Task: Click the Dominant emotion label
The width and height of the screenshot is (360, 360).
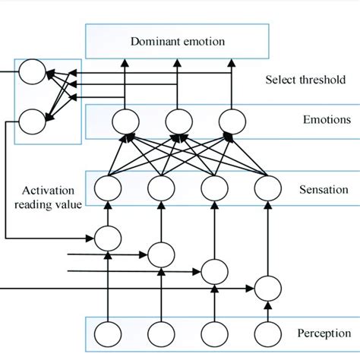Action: pyautogui.click(x=178, y=42)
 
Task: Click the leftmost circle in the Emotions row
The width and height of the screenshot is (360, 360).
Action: pyautogui.click(x=123, y=121)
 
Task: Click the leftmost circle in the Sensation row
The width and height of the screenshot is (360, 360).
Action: pyautogui.click(x=107, y=187)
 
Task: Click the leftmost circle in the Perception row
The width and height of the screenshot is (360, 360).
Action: pyautogui.click(x=107, y=333)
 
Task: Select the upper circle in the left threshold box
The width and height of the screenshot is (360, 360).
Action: pyautogui.click(x=33, y=74)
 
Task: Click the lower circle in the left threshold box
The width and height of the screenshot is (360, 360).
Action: pyautogui.click(x=33, y=119)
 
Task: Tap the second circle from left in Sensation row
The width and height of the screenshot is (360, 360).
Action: pyautogui.click(x=160, y=187)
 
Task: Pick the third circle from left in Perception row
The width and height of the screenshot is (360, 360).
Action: pyautogui.click(x=213, y=333)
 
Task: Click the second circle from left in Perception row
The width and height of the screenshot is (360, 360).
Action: pyautogui.click(x=160, y=333)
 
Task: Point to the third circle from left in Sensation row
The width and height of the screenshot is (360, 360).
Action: pyautogui.click(x=213, y=187)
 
